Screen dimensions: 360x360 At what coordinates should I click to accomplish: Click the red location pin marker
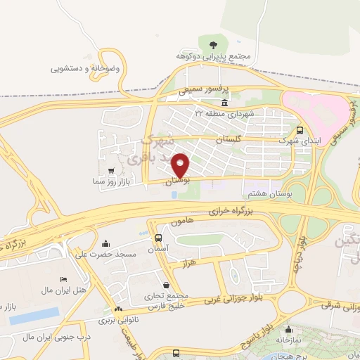click(x=181, y=165)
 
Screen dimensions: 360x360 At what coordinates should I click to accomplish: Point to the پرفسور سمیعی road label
click(x=202, y=91)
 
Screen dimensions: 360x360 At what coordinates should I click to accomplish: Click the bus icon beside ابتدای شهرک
click(x=300, y=130)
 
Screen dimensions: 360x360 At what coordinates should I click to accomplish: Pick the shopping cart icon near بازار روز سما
click(x=111, y=171)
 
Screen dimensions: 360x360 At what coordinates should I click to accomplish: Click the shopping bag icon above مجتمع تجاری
click(x=165, y=285)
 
